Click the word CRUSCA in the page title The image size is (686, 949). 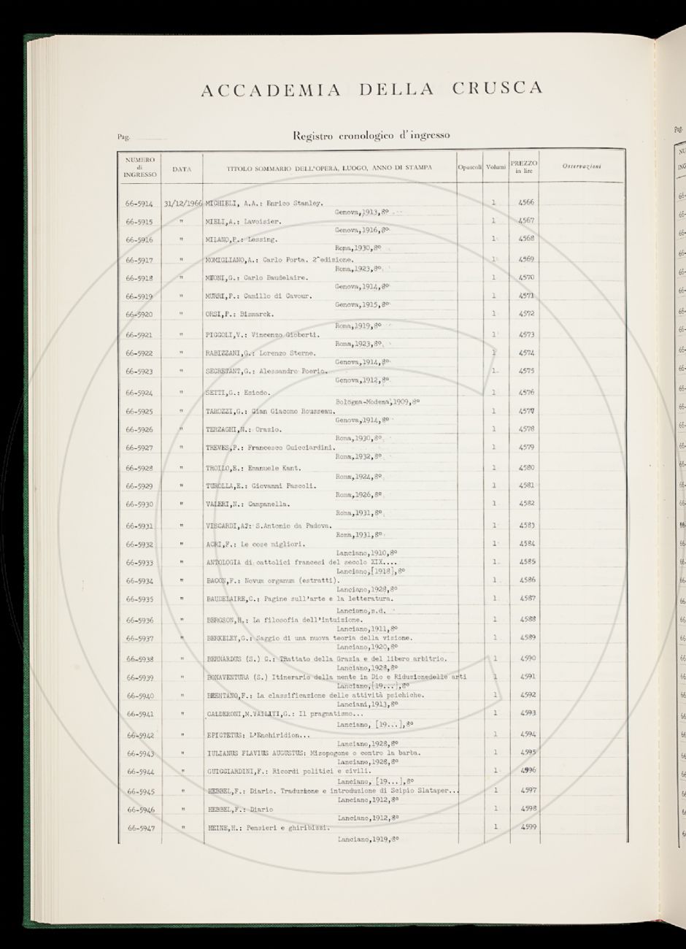coord(497,89)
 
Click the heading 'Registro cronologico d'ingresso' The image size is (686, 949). coord(371,135)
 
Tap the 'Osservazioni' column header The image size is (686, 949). coord(582,167)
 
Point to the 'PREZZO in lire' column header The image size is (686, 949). coord(524,166)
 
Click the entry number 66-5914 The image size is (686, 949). coord(139,204)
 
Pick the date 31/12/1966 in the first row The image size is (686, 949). coord(183,204)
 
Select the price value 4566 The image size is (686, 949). coord(525,202)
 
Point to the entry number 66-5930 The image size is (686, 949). coord(139,504)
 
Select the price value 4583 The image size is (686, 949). coord(526,525)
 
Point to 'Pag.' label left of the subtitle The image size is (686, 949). coord(123,137)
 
